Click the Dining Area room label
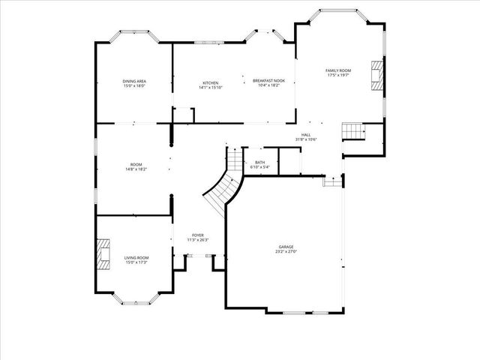click(133, 81)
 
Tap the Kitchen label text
click(211, 82)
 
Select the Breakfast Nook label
click(268, 80)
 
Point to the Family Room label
click(338, 70)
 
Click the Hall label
click(306, 135)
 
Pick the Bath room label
click(259, 162)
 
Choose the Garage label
click(286, 247)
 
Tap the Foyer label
click(197, 235)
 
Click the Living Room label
click(136, 257)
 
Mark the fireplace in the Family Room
click(377, 75)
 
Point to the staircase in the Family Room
click(353, 131)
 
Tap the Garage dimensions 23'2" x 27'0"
click(286, 252)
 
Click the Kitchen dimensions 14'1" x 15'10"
click(211, 87)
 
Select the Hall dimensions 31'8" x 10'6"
click(306, 139)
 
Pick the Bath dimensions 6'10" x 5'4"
click(259, 166)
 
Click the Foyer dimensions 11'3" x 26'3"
click(197, 240)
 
